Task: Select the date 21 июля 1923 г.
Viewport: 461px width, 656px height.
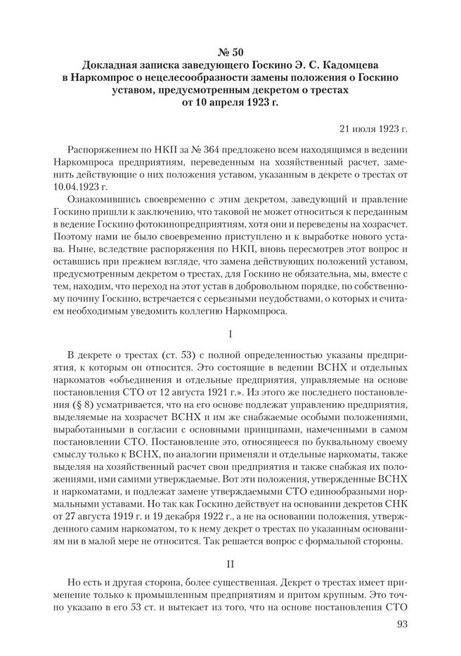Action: [373, 130]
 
